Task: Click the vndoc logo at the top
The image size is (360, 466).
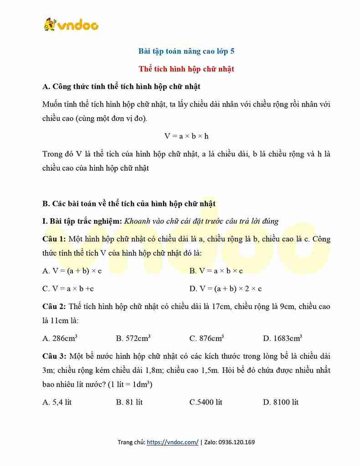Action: coord(71,25)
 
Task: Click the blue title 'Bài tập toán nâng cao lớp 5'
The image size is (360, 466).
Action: coord(186,51)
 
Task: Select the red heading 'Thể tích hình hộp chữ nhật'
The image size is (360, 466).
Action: coord(186,69)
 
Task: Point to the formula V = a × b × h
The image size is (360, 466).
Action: coord(186,136)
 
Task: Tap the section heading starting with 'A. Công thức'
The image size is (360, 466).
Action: coord(121,86)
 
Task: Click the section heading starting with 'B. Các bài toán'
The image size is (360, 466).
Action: coord(129,203)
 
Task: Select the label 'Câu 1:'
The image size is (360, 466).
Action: coord(54,239)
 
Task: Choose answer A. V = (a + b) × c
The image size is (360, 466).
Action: coord(72,271)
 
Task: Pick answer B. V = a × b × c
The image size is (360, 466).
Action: coord(216,271)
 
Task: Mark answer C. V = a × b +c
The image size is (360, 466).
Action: coord(68,288)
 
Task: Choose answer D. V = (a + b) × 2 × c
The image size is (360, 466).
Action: coord(225,288)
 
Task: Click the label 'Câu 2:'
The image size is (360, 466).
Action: coord(54,307)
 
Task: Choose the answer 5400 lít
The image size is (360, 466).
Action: coord(206,402)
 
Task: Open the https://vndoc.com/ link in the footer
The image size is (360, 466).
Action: coord(172,442)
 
